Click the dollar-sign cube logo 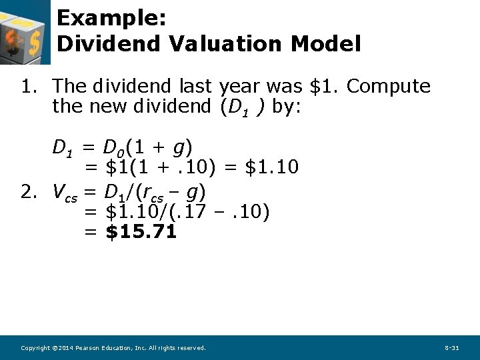(x=25, y=32)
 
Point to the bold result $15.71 (x=141, y=232)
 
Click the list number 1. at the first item (x=28, y=87)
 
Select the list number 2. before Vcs (x=28, y=192)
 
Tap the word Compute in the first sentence (x=389, y=87)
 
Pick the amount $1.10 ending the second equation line (x=271, y=167)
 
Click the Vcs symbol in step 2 (x=65, y=193)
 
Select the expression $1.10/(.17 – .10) (x=188, y=213)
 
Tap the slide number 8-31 (x=451, y=348)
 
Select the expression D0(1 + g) (x=149, y=147)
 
